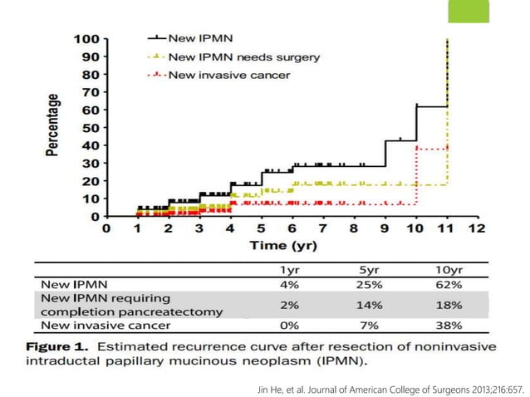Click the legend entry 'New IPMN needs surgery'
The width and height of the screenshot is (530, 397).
(x=243, y=57)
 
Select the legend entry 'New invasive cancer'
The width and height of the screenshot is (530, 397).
(x=230, y=76)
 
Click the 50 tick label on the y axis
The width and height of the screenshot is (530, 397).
(x=90, y=128)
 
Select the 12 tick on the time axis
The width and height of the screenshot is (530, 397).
(x=477, y=228)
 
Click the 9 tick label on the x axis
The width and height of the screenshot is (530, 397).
(x=385, y=228)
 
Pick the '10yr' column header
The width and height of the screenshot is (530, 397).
(x=449, y=269)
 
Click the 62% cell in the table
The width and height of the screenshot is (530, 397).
(x=449, y=284)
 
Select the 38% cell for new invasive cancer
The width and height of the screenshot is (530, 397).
(x=449, y=326)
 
